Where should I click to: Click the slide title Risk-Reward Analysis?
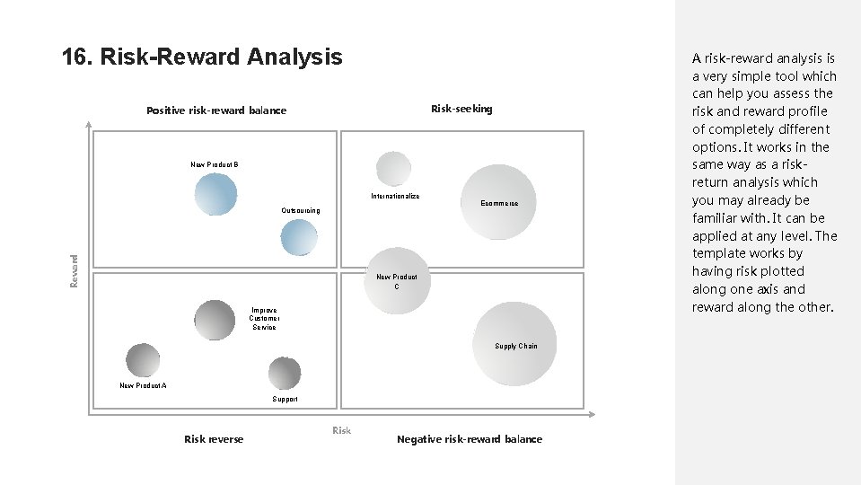click(x=202, y=57)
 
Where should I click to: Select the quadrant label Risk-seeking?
click(x=461, y=109)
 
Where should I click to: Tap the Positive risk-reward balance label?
click(x=216, y=110)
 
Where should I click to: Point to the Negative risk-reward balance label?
click(x=469, y=439)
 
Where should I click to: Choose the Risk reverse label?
click(x=214, y=439)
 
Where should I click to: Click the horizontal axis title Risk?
click(x=341, y=431)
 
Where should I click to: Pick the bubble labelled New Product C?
click(x=397, y=273)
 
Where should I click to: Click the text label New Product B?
click(x=214, y=164)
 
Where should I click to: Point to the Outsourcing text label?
click(x=300, y=210)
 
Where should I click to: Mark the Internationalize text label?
click(x=395, y=196)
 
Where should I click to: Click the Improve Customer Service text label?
click(x=265, y=319)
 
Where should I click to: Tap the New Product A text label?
click(x=143, y=385)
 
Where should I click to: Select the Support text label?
click(x=285, y=399)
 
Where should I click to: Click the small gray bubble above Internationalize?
click(x=393, y=169)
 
